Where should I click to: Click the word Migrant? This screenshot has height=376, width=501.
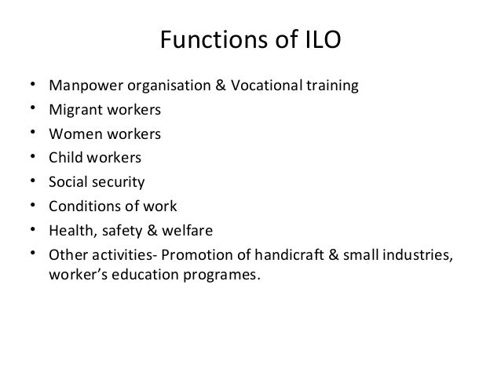pyautogui.click(x=72, y=110)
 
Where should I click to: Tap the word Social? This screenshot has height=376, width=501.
pyautogui.click(x=68, y=183)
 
